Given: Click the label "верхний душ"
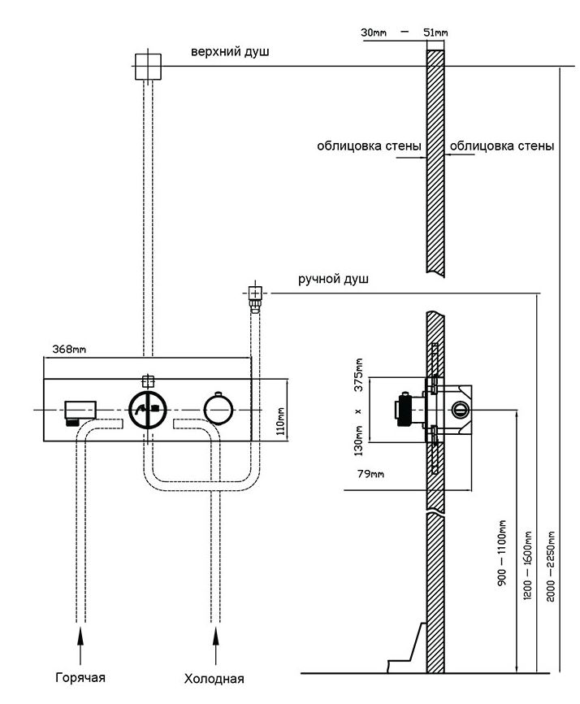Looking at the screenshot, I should coord(230,52).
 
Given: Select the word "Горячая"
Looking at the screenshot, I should coord(80,677).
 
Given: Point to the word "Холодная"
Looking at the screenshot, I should coord(214,679).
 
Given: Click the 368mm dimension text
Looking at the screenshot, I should coord(69,350).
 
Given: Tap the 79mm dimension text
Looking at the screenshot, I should coord(371,474).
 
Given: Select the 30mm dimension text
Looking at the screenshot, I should coord(374,33).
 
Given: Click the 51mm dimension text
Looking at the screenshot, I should coord(435,33).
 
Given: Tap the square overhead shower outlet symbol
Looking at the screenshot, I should coord(148,66).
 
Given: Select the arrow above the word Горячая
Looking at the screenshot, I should coord(80,647).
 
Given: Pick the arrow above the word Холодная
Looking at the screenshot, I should coord(215,647).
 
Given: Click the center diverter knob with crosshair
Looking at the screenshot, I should coord(147,410).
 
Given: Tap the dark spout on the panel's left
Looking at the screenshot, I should coord(79,410).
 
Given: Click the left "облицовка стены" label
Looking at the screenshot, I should coord(370,147).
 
